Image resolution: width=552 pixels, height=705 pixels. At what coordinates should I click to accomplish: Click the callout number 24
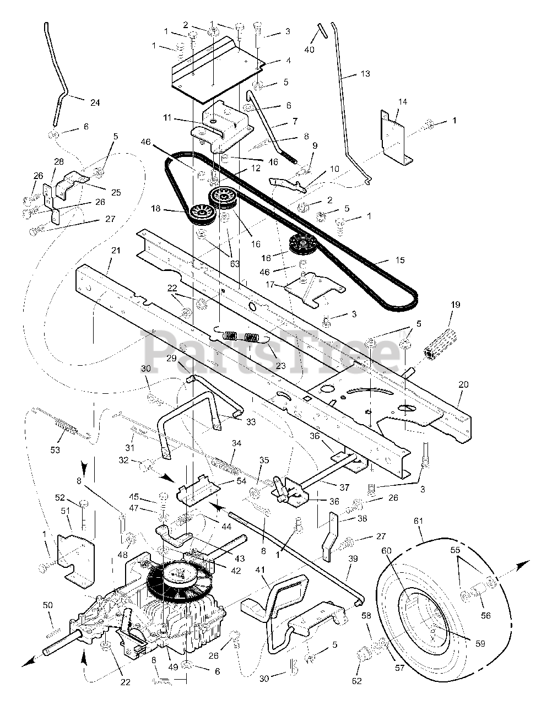(x=95, y=102)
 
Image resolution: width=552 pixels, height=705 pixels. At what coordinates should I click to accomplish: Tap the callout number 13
(x=365, y=74)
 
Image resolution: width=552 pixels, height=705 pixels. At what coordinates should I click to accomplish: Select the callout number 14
(x=403, y=101)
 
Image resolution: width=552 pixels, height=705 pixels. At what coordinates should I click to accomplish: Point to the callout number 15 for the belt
(x=400, y=260)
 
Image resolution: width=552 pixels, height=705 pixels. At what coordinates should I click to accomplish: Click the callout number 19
(x=456, y=305)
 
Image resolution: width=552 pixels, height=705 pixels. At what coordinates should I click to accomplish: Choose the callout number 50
(x=48, y=605)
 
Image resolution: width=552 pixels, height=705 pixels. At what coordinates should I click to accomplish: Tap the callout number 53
(x=55, y=450)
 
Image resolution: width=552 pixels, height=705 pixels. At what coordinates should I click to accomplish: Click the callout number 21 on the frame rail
(x=116, y=251)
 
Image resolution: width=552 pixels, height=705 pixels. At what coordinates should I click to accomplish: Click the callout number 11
(x=167, y=117)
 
